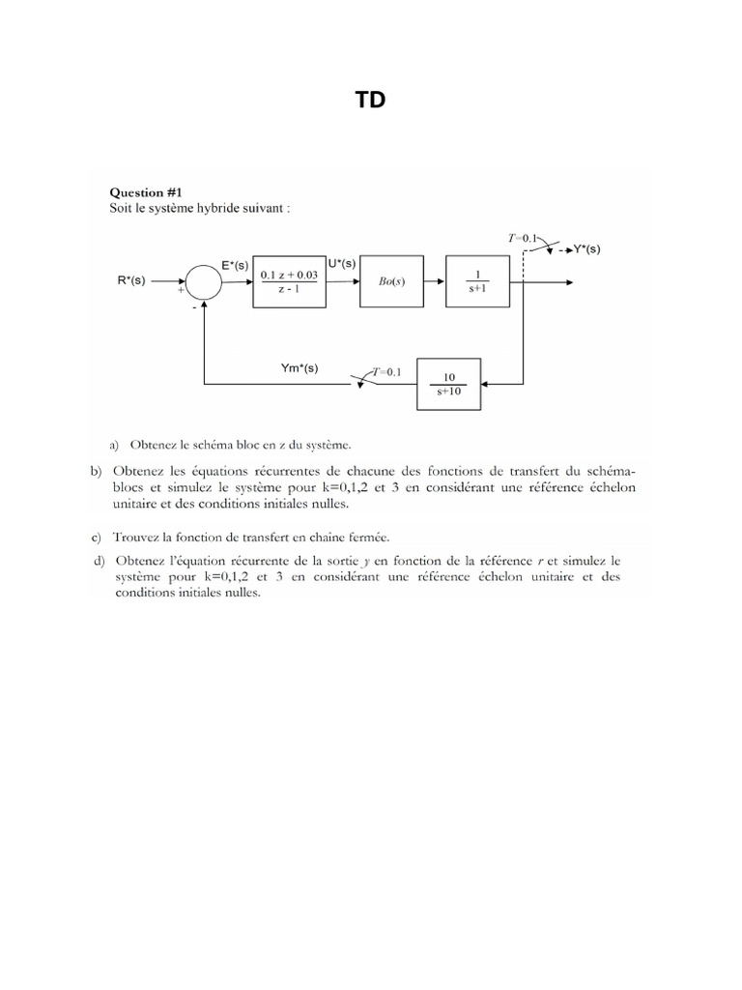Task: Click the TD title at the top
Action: pyautogui.click(x=371, y=100)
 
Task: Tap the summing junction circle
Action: pyautogui.click(x=203, y=280)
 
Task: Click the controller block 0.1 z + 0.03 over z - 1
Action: pyautogui.click(x=290, y=281)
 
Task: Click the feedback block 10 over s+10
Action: pyautogui.click(x=449, y=383)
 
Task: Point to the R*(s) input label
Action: pyautogui.click(x=130, y=280)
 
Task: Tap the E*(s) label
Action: pyautogui.click(x=236, y=265)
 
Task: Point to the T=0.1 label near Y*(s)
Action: pyautogui.click(x=526, y=236)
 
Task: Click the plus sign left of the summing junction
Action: pyautogui.click(x=181, y=288)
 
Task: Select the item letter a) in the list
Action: pyautogui.click(x=114, y=446)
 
